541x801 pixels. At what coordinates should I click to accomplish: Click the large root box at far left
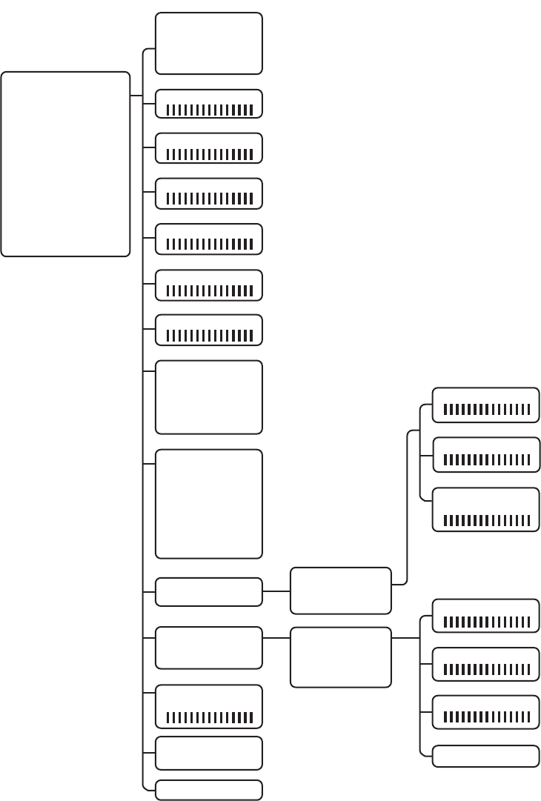point(65,164)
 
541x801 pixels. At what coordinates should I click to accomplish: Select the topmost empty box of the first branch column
point(208,43)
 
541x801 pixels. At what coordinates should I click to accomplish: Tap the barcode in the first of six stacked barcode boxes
point(210,110)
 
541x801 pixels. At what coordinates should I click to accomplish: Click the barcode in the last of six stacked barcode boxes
point(210,336)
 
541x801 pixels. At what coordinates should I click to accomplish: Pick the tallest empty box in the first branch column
point(208,503)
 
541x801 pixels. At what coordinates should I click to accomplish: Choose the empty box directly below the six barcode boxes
point(208,396)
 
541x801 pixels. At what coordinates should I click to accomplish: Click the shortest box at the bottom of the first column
point(208,790)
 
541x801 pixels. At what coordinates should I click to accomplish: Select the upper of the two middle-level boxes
point(340,591)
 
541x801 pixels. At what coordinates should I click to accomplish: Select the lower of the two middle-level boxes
point(340,657)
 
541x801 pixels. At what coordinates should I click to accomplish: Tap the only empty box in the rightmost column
point(485,757)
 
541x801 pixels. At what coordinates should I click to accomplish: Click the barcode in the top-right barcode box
point(486,410)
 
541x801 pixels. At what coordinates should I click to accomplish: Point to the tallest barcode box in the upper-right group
point(485,509)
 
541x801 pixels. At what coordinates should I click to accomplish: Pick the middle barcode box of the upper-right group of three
point(485,454)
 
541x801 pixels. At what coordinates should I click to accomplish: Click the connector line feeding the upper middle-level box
point(276,591)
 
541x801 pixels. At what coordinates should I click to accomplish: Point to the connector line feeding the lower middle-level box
point(276,638)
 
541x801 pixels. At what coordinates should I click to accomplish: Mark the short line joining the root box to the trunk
point(136,96)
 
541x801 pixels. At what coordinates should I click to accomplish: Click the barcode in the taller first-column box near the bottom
point(210,717)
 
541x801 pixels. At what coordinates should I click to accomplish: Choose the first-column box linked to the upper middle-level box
point(208,592)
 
